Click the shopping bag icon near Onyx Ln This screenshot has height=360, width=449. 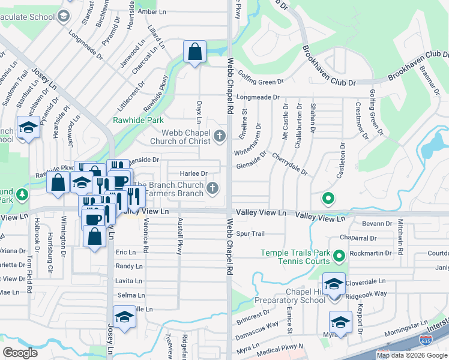[195, 52]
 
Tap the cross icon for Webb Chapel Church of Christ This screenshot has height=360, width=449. [220, 137]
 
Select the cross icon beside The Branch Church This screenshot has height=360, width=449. [211, 190]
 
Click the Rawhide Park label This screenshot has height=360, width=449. [138, 120]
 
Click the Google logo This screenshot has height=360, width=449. [20, 352]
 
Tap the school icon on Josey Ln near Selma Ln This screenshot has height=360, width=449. [124, 317]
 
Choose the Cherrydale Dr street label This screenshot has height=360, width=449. [290, 163]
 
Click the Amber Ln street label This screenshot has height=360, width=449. [152, 11]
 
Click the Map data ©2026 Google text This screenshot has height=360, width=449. [412, 355]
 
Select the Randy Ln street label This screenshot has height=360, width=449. [129, 266]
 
